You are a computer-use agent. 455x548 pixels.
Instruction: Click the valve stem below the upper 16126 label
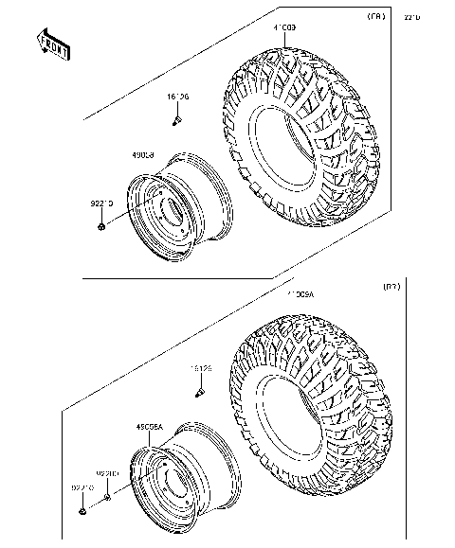tap(177, 120)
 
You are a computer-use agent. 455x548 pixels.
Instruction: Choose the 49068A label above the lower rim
tap(151, 428)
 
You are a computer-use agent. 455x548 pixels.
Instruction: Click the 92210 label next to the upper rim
tap(102, 203)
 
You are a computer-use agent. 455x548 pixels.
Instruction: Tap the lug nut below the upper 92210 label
tap(101, 226)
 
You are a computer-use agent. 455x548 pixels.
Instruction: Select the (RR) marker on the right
tap(390, 286)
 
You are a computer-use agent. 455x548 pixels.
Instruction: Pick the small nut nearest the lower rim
tap(108, 494)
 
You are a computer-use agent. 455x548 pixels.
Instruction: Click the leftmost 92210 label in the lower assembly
tap(82, 487)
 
